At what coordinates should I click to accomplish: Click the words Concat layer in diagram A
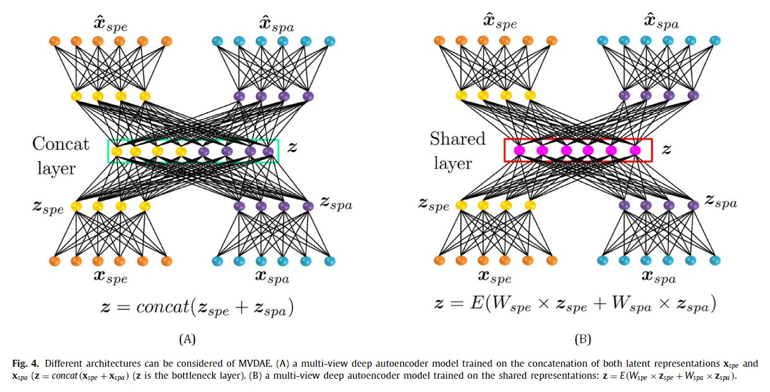(x=61, y=156)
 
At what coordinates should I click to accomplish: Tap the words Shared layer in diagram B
(x=457, y=151)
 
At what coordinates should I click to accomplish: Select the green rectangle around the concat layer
(x=193, y=140)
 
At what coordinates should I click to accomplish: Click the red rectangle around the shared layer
(x=577, y=140)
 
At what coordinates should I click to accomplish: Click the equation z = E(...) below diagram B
(x=575, y=305)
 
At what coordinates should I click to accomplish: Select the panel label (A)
(x=186, y=339)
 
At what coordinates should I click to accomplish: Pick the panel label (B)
(x=582, y=339)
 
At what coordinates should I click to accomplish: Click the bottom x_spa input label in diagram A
(x=272, y=277)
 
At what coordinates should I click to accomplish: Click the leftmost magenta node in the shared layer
(x=520, y=150)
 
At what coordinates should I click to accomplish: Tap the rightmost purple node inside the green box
(x=268, y=151)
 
